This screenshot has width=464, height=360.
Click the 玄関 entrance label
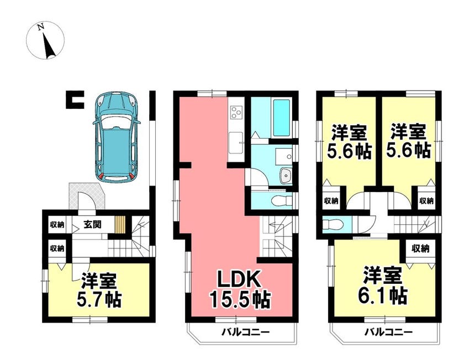(93, 225)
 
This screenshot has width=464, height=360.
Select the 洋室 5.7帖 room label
(99, 290)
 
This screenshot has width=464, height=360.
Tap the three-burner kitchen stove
(236, 112)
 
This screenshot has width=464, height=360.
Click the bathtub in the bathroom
(282, 118)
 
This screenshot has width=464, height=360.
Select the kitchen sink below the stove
(236, 143)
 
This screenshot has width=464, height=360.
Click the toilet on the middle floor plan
(281, 201)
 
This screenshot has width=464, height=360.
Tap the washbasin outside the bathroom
(286, 176)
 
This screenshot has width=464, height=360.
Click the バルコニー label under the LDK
(246, 332)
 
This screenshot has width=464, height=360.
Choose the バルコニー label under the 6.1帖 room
(388, 332)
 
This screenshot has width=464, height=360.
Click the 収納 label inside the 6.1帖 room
(420, 249)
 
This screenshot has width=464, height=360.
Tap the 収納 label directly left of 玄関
(57, 225)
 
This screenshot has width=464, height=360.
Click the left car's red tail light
(101, 176)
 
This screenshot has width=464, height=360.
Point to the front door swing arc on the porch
(86, 198)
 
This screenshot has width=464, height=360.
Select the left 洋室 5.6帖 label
(349, 142)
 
